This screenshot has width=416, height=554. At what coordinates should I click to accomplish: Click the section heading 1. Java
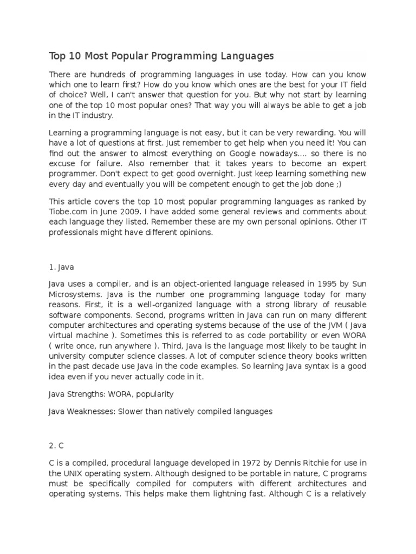tap(61, 267)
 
